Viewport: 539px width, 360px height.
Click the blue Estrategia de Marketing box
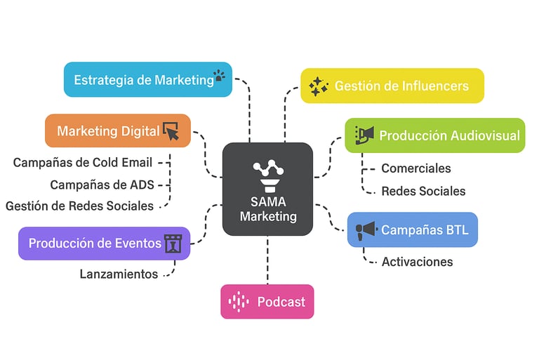coord(147,79)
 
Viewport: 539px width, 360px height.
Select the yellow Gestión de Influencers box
coord(392,86)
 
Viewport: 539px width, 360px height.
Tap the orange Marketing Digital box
coord(118,131)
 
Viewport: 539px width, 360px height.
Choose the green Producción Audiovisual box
coord(435,135)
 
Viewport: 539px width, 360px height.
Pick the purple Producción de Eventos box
coord(104,244)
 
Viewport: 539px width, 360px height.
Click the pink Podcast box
coord(267,302)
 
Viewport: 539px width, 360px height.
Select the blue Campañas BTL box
coord(413,229)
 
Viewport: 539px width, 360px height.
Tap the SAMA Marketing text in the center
coord(267,209)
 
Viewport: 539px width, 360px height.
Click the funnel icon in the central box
coord(267,175)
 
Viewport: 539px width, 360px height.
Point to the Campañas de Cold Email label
coord(83,163)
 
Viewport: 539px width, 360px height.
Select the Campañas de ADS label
coord(102,185)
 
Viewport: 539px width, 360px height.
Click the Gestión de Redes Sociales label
coord(79,206)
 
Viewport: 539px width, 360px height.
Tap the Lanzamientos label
coord(119,274)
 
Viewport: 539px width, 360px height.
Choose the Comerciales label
coord(415,168)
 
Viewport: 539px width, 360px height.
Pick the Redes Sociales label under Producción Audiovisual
coord(422,191)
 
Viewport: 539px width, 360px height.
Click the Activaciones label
coord(417,262)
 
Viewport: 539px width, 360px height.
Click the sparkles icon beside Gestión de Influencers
coord(319,86)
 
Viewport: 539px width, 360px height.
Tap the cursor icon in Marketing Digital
coord(171,131)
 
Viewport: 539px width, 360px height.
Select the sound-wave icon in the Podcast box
coord(239,302)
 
